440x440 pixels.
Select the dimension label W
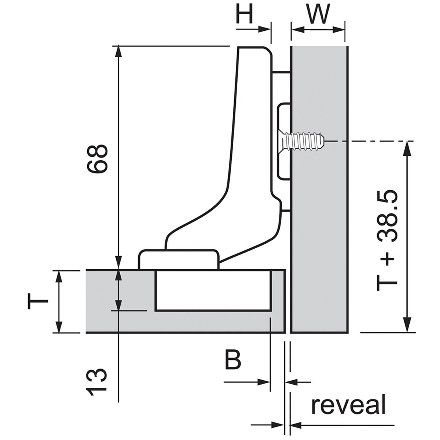318,15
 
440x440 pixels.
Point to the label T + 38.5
387,240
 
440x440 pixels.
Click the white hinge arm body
253,147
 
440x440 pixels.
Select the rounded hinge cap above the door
179,259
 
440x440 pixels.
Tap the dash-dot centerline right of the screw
370,141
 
